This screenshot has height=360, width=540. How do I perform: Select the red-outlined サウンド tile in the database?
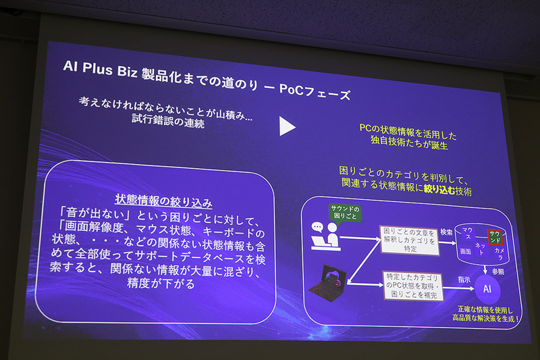(x=495, y=236)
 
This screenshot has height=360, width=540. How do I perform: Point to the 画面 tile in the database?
(x=465, y=251)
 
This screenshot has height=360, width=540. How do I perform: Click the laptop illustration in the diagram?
(x=330, y=284)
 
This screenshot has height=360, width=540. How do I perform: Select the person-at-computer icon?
(x=323, y=236)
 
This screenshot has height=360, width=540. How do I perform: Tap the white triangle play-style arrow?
(x=288, y=126)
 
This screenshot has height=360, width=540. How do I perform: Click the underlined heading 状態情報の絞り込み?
(x=164, y=201)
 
